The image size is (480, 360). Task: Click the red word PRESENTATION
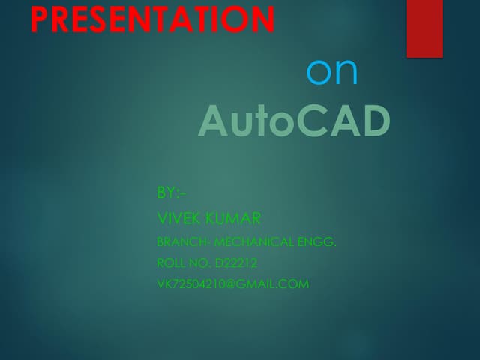pyautogui.click(x=153, y=19)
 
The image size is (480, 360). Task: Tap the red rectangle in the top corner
pyautogui.click(x=424, y=28)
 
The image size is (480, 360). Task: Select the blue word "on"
pyautogui.click(x=332, y=71)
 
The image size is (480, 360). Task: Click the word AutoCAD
pyautogui.click(x=294, y=121)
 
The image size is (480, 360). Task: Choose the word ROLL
pyautogui.click(x=170, y=263)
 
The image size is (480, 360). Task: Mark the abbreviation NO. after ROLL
pyautogui.click(x=199, y=263)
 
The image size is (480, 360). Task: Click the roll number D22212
pyautogui.click(x=235, y=263)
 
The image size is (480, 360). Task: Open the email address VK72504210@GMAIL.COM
pyautogui.click(x=232, y=284)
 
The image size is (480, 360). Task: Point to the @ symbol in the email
pyautogui.click(x=232, y=284)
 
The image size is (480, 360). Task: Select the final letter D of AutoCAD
pyautogui.click(x=375, y=121)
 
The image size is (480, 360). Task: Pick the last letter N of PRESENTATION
pyautogui.click(x=263, y=19)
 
